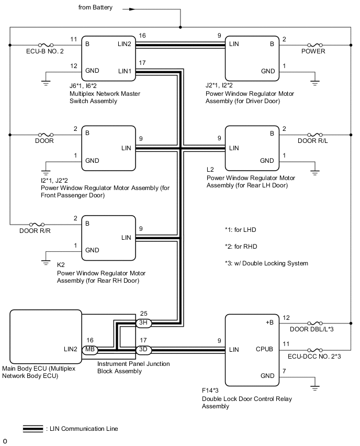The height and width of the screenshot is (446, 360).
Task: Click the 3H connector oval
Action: (143, 323)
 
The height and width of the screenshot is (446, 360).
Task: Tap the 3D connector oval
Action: (143, 349)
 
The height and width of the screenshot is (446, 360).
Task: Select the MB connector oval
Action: (89, 349)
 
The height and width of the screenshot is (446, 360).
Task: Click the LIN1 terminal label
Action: (125, 71)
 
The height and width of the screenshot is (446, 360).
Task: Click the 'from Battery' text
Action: (95, 8)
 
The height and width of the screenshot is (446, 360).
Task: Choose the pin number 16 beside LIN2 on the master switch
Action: (142, 36)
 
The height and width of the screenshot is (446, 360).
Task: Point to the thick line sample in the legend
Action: (33, 429)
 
